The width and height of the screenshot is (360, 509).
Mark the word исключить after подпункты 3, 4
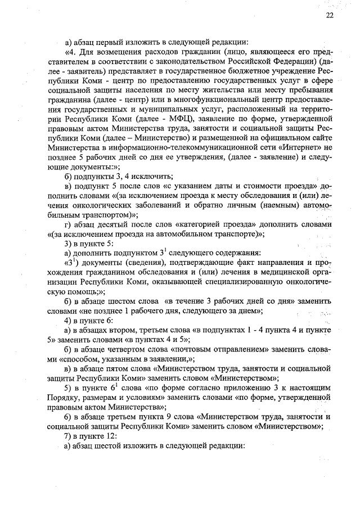[150, 176]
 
